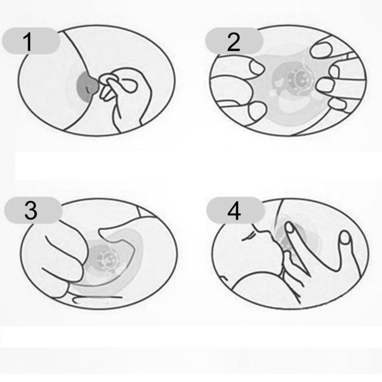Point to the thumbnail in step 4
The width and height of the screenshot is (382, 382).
pos(345,238)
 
